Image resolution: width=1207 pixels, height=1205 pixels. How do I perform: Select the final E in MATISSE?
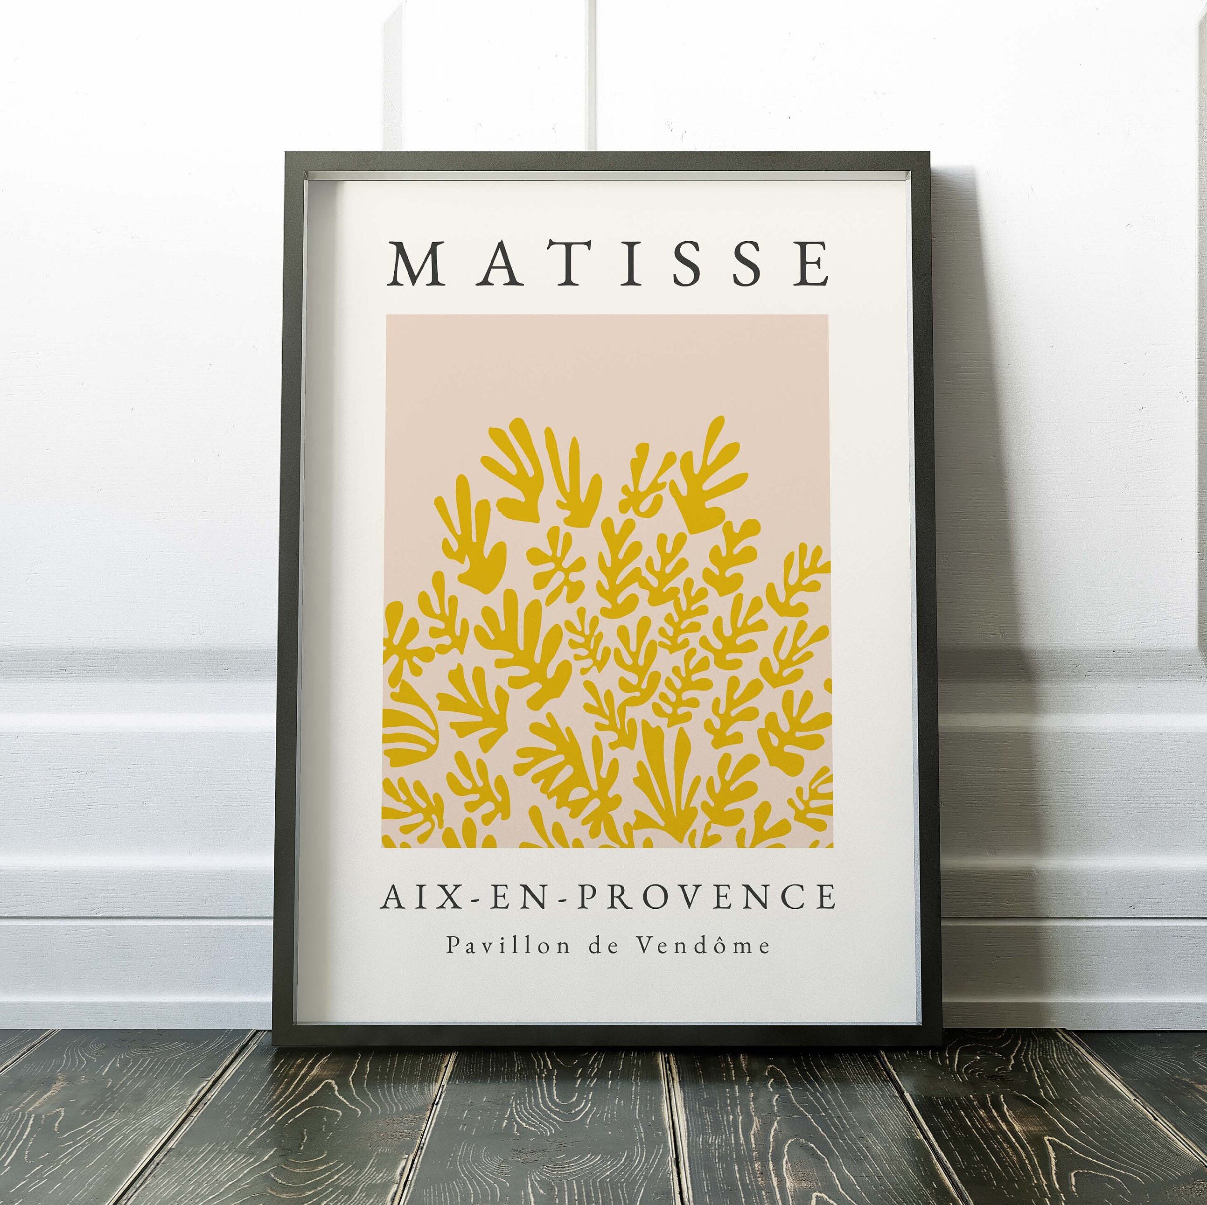pyautogui.click(x=813, y=265)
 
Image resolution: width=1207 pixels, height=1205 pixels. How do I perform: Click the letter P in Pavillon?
pyautogui.click(x=451, y=946)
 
